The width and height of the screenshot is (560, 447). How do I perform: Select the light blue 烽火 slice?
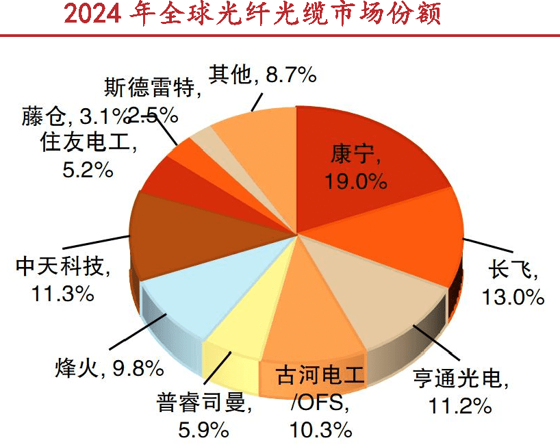[185, 294]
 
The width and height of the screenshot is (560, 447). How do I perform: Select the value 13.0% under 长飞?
[512, 296]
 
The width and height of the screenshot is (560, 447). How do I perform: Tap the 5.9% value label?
[201, 429]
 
